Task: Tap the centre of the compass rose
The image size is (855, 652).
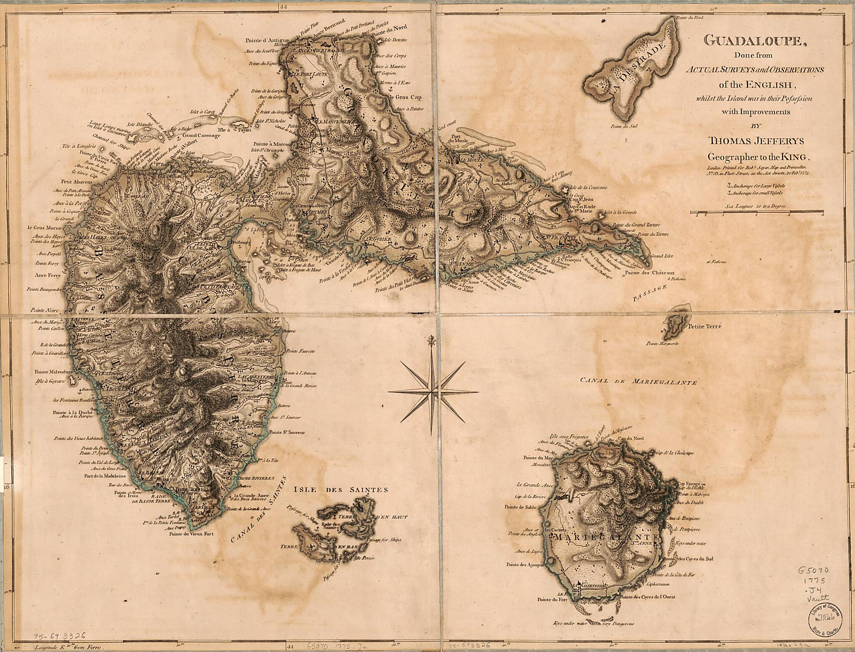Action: click(433, 391)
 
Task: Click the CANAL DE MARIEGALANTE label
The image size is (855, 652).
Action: click(638, 381)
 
